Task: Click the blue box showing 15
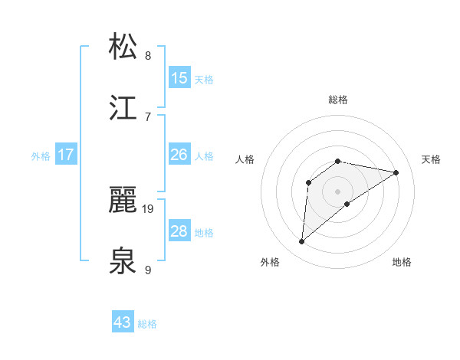[x=179, y=77]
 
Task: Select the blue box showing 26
[x=179, y=155]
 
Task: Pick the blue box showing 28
[x=179, y=231]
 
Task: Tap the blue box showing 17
[x=66, y=155]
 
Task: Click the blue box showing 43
[x=123, y=322]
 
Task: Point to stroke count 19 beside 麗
[x=148, y=208]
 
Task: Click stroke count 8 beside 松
[x=148, y=55]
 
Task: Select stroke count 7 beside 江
[x=148, y=116]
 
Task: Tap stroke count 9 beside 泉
[x=148, y=270]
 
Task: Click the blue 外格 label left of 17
[x=41, y=155]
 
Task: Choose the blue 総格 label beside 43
[x=148, y=324]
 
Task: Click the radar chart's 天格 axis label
[x=432, y=159]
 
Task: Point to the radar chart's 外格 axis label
[x=270, y=262]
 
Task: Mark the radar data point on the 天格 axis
[x=396, y=172]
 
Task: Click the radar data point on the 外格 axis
[x=301, y=242]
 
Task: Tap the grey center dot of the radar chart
[x=338, y=191]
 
